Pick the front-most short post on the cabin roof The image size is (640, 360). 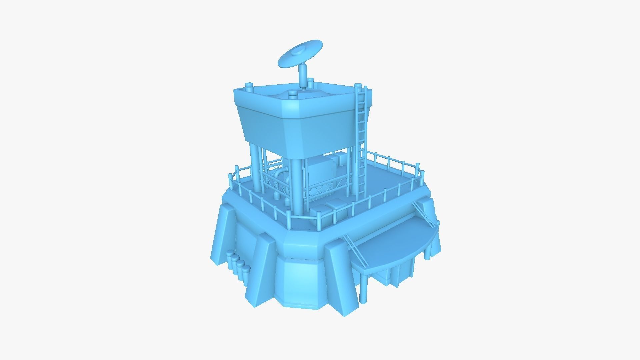point(293,95)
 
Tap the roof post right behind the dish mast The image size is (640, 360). point(311,83)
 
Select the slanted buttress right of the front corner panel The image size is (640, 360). point(342,277)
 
